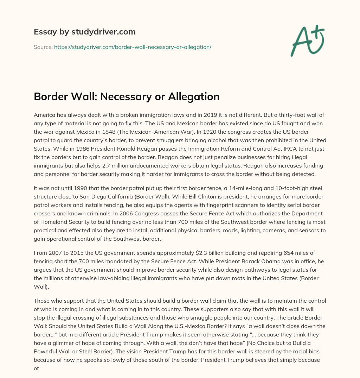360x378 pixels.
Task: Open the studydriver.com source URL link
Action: (133, 47)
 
